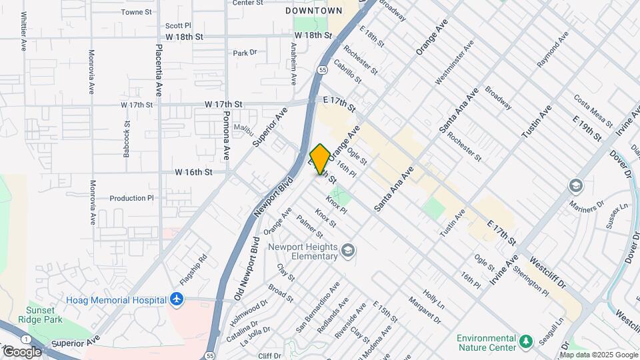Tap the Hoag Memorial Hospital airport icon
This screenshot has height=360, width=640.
176,299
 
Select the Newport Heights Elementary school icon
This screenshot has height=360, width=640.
347,251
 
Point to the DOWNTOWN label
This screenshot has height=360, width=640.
313,11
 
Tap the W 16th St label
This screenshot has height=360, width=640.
193,172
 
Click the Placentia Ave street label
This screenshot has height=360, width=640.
159,69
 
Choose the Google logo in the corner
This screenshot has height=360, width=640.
22,351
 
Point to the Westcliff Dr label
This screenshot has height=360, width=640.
547,273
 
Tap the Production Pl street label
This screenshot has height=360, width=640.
131,198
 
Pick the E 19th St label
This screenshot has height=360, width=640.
587,127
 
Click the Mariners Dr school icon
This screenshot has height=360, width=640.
575,185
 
